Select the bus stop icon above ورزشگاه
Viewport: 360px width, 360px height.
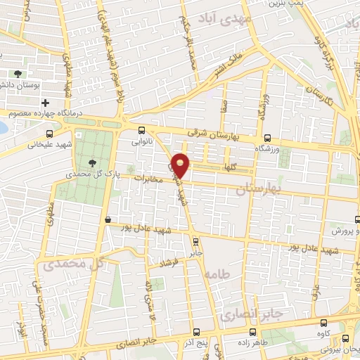(266, 139)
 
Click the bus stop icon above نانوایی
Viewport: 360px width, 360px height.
(142, 130)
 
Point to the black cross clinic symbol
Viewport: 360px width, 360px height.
(45, 102)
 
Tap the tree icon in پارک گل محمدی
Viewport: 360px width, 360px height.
(94, 162)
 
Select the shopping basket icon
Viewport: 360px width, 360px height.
(107, 220)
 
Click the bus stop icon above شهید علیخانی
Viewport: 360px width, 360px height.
(49, 134)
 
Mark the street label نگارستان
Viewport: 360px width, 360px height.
(324, 98)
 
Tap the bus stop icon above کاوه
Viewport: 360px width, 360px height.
(323, 323)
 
